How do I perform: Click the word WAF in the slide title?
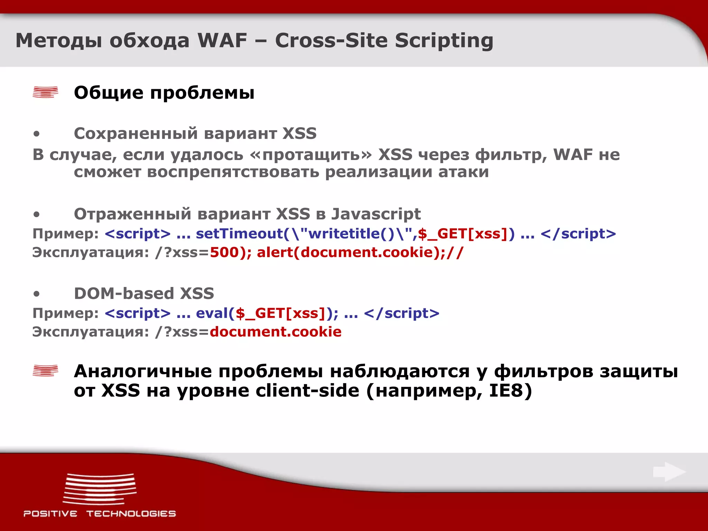click(222, 40)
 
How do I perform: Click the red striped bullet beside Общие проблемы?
click(45, 92)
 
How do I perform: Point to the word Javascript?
click(376, 214)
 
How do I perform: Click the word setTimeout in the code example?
click(239, 234)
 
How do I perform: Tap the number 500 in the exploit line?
click(224, 252)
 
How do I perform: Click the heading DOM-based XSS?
click(144, 294)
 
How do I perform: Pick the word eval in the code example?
click(212, 313)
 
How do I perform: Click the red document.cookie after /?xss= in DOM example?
click(276, 332)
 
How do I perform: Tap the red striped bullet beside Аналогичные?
click(45, 371)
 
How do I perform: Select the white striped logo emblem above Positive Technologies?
click(100, 489)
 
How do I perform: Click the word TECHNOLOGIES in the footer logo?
click(131, 514)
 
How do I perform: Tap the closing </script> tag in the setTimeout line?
click(578, 234)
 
